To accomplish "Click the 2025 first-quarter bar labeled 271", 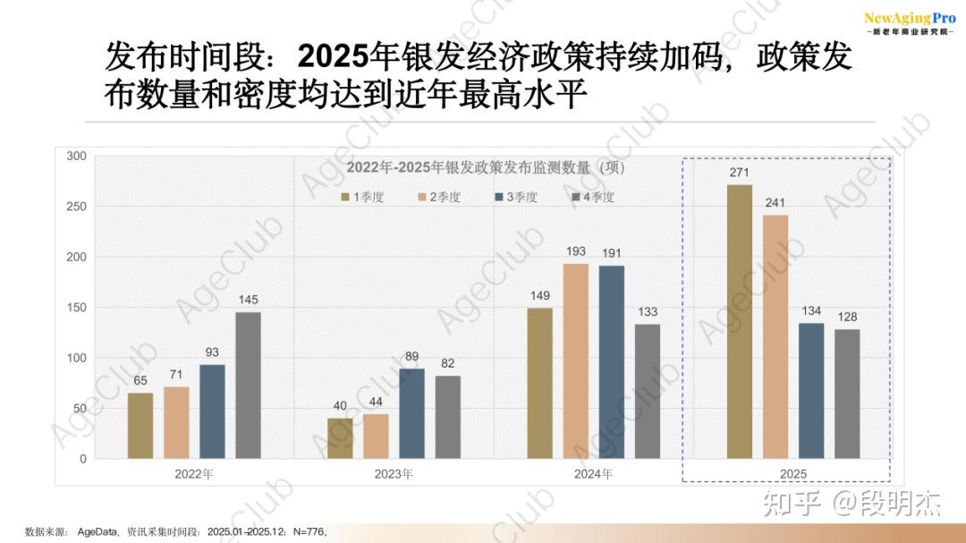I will click(740, 322).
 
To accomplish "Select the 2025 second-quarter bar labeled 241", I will click(775, 337).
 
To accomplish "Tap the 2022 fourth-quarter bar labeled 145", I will click(248, 386).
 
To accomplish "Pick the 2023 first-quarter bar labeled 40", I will click(340, 438).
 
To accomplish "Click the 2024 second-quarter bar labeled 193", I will click(576, 361).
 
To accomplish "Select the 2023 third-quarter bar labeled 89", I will click(411, 414).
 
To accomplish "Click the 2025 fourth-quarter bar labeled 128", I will click(847, 395).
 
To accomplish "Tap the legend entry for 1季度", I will click(361, 197).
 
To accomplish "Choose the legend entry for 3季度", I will click(515, 197).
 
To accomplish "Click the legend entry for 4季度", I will click(592, 197).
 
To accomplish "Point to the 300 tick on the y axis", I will click(77, 157).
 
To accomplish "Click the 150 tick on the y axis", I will click(77, 308).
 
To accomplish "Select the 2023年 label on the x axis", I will click(394, 473).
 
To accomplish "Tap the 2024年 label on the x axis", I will click(593, 473).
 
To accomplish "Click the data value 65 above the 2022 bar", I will click(140, 380).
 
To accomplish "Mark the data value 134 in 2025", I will click(811, 310).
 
